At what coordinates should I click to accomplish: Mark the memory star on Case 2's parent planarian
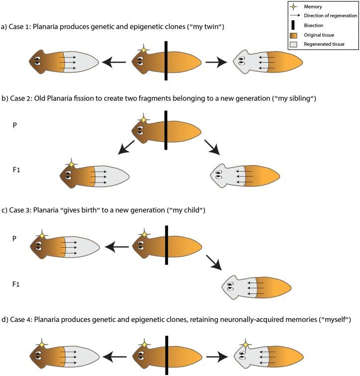(143, 119)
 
